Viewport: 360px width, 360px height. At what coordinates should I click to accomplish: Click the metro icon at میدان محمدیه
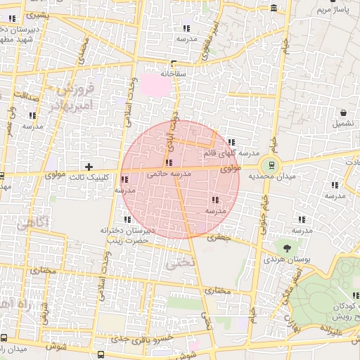click(271, 166)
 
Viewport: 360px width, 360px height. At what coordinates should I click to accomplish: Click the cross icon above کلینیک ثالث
click(89, 167)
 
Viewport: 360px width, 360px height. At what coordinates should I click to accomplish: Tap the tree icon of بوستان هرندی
click(287, 247)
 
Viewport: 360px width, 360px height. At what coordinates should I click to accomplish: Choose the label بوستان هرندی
click(282, 259)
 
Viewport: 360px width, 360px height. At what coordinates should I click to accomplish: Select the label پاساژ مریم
click(333, 10)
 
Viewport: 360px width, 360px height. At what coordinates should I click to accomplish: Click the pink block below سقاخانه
click(157, 86)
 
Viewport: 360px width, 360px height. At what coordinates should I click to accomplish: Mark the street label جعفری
click(219, 238)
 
